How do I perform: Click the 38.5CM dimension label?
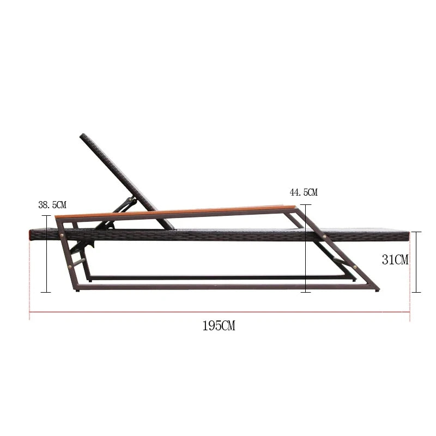52,205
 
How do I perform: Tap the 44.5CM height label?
304,192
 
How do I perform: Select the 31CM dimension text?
395,260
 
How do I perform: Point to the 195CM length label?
219,325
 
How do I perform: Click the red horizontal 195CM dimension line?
220,312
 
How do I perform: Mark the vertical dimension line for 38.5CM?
46,254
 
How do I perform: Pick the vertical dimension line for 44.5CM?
306,249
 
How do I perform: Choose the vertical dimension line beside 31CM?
416,262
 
